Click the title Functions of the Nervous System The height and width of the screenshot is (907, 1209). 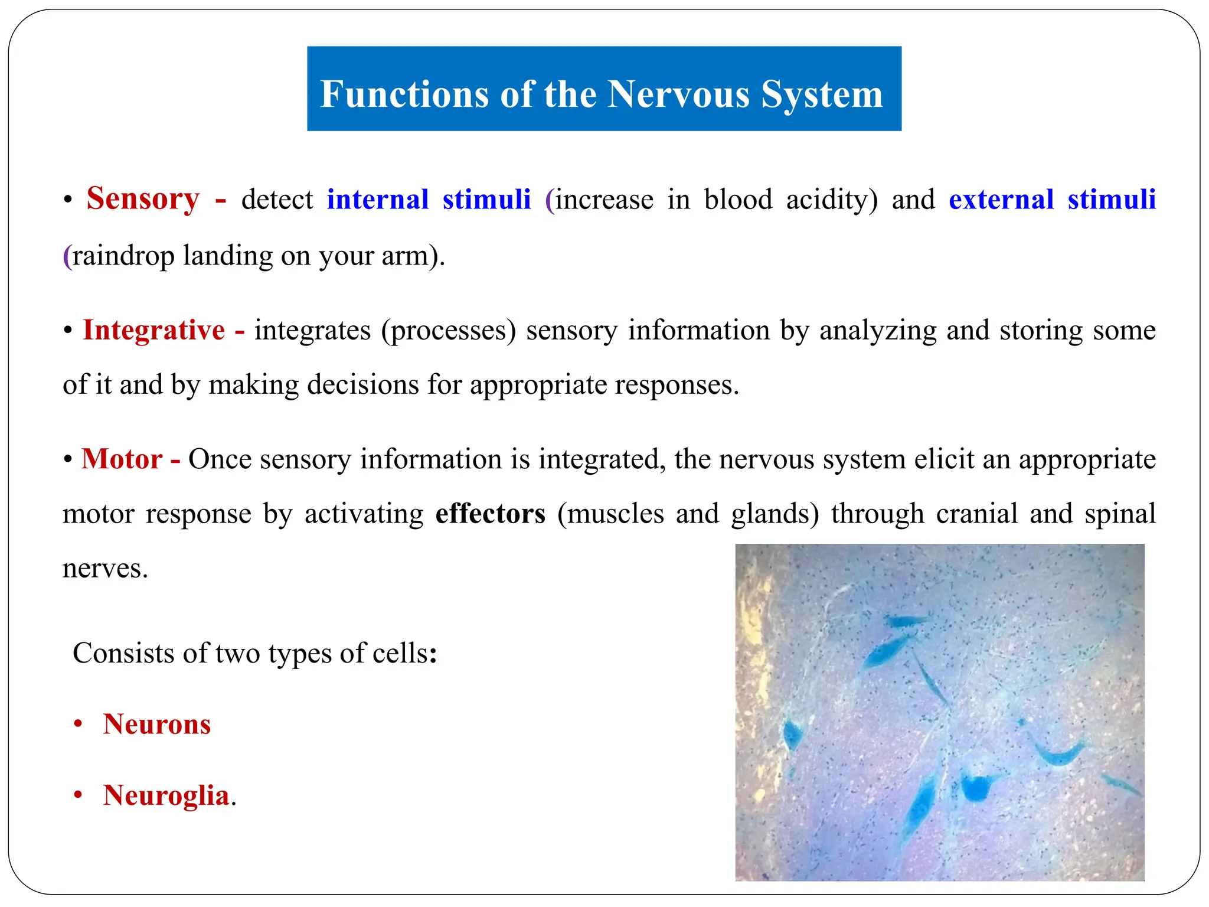[601, 94]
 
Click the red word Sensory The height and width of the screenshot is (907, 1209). [143, 199]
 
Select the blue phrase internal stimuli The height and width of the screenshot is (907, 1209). [429, 200]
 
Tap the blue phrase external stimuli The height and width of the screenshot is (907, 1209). [1051, 200]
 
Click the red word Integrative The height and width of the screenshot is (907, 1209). [153, 330]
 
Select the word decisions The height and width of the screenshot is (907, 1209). [362, 385]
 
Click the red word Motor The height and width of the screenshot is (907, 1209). [122, 459]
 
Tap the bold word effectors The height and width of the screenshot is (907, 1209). [490, 514]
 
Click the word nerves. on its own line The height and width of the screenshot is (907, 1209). [105, 569]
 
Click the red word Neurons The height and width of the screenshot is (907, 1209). [156, 725]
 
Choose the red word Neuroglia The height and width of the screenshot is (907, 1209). [166, 795]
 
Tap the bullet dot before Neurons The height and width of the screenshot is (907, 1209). [78, 725]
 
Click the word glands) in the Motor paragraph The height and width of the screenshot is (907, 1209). [775, 514]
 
